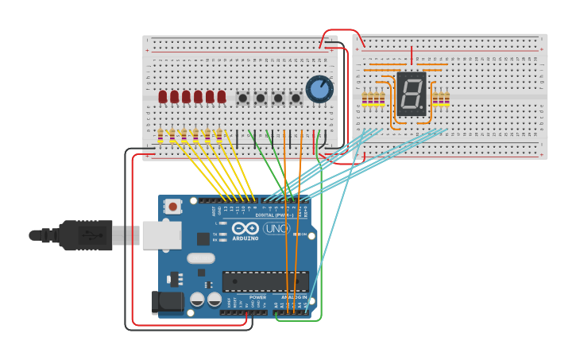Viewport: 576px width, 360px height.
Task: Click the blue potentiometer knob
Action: (x=319, y=89)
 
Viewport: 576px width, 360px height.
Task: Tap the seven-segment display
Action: (x=411, y=94)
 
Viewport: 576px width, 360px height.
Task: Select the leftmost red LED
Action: (x=163, y=97)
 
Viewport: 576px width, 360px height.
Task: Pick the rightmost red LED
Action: (x=222, y=97)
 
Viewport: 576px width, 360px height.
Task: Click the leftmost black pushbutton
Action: (x=243, y=99)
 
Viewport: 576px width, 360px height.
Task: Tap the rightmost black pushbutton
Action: (x=296, y=99)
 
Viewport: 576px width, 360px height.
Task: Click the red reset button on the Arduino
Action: (x=173, y=207)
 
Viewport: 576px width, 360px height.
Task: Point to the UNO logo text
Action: (x=276, y=229)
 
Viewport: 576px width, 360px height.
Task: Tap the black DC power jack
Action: (x=162, y=301)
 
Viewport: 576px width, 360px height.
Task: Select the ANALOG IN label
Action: (x=294, y=297)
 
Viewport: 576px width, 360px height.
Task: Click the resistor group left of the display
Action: (x=373, y=99)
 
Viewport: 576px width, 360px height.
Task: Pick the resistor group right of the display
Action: (x=440, y=99)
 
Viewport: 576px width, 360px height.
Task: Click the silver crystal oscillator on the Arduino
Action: (x=201, y=257)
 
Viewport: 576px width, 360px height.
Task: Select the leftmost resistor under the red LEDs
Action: (x=160, y=135)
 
